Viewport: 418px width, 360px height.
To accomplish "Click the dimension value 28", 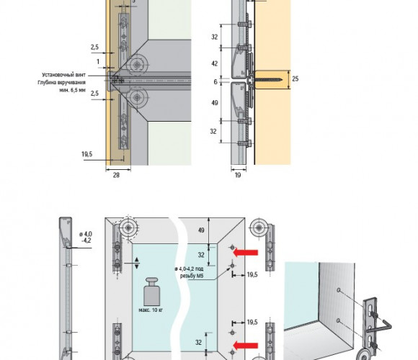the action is [x=116, y=175].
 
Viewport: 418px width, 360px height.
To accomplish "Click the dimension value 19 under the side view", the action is [x=238, y=175].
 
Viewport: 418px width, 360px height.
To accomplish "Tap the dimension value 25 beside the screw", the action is [x=295, y=78].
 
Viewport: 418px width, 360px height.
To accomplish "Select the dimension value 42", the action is [x=215, y=63].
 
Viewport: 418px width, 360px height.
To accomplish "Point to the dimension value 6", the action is [x=215, y=82].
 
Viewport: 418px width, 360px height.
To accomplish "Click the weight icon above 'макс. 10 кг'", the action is [x=151, y=292].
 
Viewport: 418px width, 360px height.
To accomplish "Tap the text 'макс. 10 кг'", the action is [x=151, y=310].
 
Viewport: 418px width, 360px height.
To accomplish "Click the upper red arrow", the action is [x=246, y=252].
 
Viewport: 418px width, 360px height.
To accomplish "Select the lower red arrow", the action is [x=246, y=346].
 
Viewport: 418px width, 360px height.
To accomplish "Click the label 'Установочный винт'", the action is [x=63, y=75].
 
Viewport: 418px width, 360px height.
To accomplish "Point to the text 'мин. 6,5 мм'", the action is [x=72, y=90].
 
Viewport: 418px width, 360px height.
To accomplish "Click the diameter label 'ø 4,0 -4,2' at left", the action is [x=86, y=237].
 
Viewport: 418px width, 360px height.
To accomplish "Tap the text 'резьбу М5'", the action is [x=192, y=276].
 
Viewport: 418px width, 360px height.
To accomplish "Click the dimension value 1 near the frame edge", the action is [x=98, y=62].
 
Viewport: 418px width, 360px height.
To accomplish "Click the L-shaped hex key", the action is [x=380, y=328].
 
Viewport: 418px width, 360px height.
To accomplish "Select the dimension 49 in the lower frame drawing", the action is [x=202, y=230].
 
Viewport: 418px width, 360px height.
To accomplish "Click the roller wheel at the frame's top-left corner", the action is [x=128, y=228].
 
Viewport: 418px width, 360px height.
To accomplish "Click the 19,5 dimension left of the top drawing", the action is [x=87, y=154].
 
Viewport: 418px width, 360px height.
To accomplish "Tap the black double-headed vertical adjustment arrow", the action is [x=137, y=263].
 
